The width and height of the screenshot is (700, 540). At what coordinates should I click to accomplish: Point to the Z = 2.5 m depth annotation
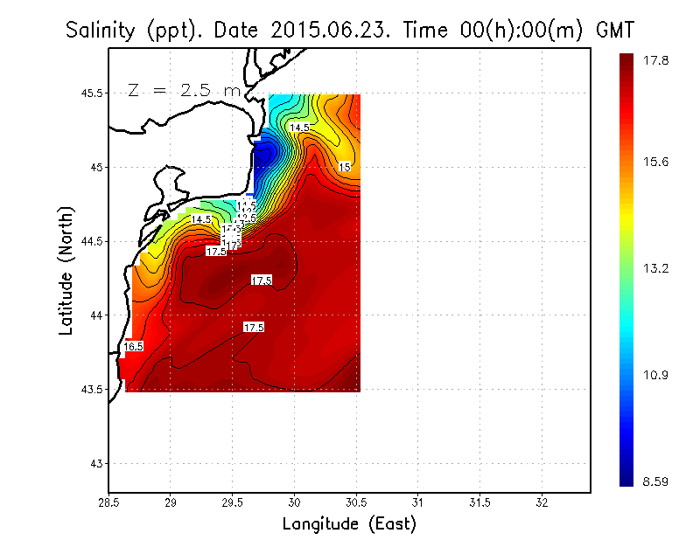(185, 90)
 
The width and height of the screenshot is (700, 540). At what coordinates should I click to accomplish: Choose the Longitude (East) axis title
(349, 523)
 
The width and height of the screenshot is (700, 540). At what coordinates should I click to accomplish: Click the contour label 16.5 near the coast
(133, 347)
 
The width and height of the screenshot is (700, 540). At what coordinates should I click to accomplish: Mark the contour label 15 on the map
(345, 166)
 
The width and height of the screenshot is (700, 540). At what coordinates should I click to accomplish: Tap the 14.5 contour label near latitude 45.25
(299, 128)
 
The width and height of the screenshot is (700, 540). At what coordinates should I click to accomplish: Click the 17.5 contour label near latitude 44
(254, 327)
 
